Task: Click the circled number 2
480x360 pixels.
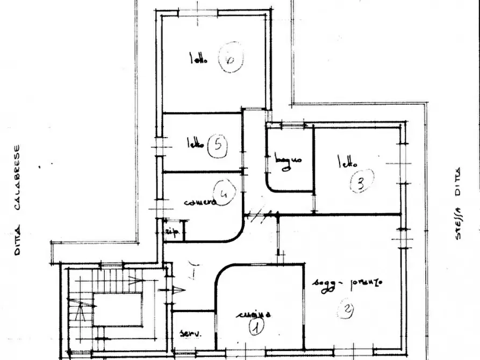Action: pos(347,309)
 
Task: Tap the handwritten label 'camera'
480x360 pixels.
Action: pos(200,203)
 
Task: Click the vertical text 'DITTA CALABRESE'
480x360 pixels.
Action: pos(17,200)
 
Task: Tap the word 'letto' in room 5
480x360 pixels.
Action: pos(195,144)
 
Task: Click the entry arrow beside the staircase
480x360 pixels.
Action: pos(178,290)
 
